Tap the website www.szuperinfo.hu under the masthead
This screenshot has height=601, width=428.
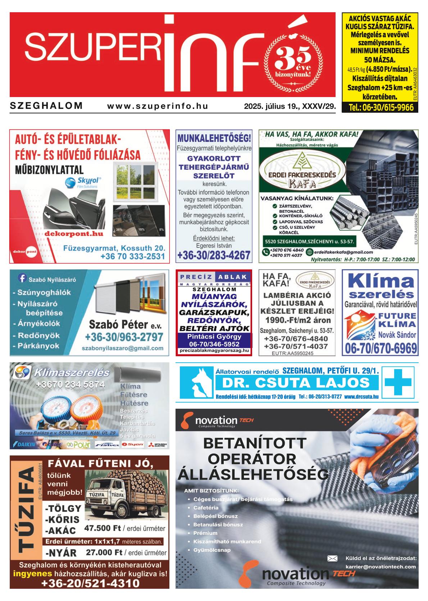pos(158,106)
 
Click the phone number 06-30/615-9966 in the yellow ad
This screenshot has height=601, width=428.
pos(381,107)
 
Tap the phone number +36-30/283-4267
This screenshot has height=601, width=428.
pos(214,256)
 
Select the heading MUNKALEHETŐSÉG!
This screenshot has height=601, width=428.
pos(214,138)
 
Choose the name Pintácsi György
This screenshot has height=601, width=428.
pos(214,337)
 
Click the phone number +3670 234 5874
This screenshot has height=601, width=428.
pos(70,384)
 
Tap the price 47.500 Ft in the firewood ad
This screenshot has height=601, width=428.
pos(103,528)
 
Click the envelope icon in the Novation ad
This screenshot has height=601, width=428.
pos(332,558)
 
